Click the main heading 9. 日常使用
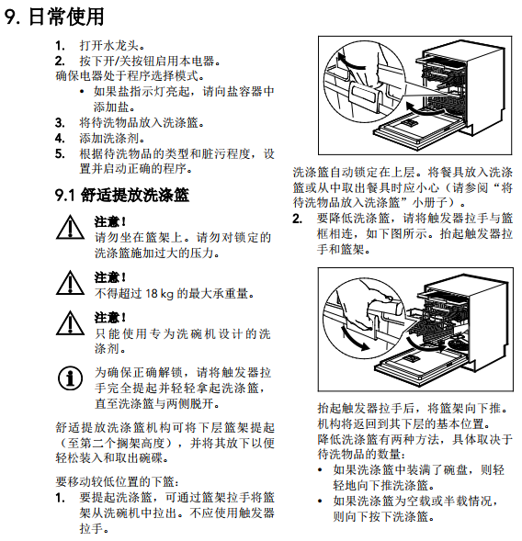(x=54, y=17)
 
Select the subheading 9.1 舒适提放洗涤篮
(x=122, y=195)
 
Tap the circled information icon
(x=70, y=378)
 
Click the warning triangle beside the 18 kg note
(x=70, y=283)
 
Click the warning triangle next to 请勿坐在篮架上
(x=70, y=227)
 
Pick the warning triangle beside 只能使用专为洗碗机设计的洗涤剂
(x=70, y=323)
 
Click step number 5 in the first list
(x=60, y=153)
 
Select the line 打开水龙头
(x=112, y=46)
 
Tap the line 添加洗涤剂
(x=112, y=139)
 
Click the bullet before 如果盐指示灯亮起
(x=82, y=92)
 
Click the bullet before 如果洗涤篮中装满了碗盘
(x=320, y=470)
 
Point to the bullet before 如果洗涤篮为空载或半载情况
(x=320, y=501)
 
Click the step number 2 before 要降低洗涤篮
(x=297, y=219)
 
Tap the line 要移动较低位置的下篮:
(x=118, y=481)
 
